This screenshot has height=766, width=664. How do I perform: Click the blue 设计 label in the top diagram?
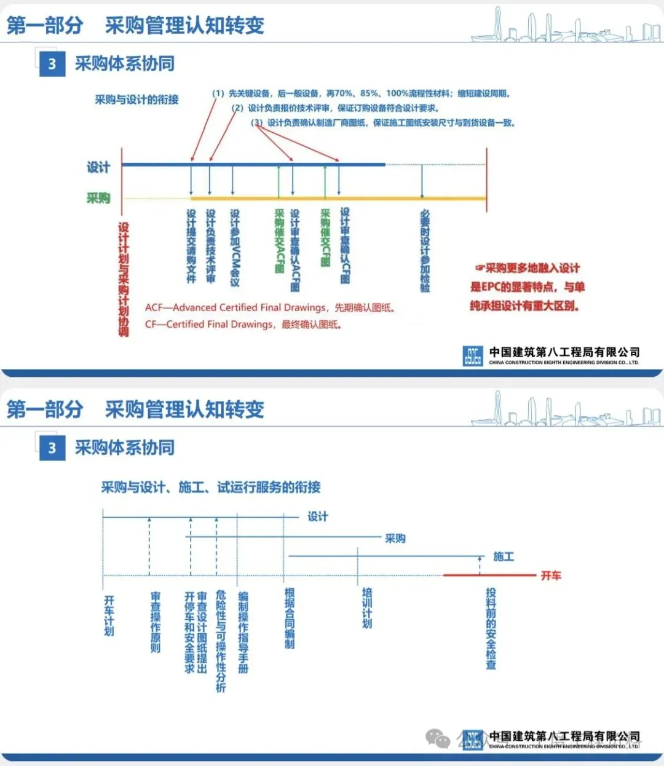(x=98, y=167)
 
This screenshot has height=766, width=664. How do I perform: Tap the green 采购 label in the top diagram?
(x=98, y=198)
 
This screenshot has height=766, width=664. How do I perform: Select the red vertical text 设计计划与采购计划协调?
(x=124, y=279)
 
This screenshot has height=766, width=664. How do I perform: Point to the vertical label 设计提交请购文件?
(x=191, y=246)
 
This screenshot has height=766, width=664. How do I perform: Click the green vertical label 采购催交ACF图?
(x=279, y=241)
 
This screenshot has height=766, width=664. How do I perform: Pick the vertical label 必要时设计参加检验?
(x=425, y=251)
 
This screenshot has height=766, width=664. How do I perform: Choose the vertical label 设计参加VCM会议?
(x=235, y=247)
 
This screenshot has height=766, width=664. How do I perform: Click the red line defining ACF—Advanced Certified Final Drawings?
(x=270, y=307)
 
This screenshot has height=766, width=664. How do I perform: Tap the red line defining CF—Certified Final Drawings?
(x=243, y=324)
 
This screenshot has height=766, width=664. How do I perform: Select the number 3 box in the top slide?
(x=52, y=64)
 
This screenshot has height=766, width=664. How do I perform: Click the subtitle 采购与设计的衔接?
(x=136, y=100)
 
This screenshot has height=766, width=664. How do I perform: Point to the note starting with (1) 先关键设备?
(x=362, y=93)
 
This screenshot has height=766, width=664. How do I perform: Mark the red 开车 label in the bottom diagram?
(x=550, y=576)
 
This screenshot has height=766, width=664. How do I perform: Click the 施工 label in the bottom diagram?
(x=504, y=556)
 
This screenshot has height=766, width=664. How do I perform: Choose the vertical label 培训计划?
(x=367, y=607)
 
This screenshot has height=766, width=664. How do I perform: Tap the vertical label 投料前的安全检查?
(x=491, y=628)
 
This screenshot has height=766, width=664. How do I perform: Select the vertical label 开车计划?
(x=109, y=615)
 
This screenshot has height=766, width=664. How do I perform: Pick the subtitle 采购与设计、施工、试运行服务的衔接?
(x=211, y=488)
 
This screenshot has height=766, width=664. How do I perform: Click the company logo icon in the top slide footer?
(x=473, y=356)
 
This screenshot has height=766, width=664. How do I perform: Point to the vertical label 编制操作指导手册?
(x=243, y=632)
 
